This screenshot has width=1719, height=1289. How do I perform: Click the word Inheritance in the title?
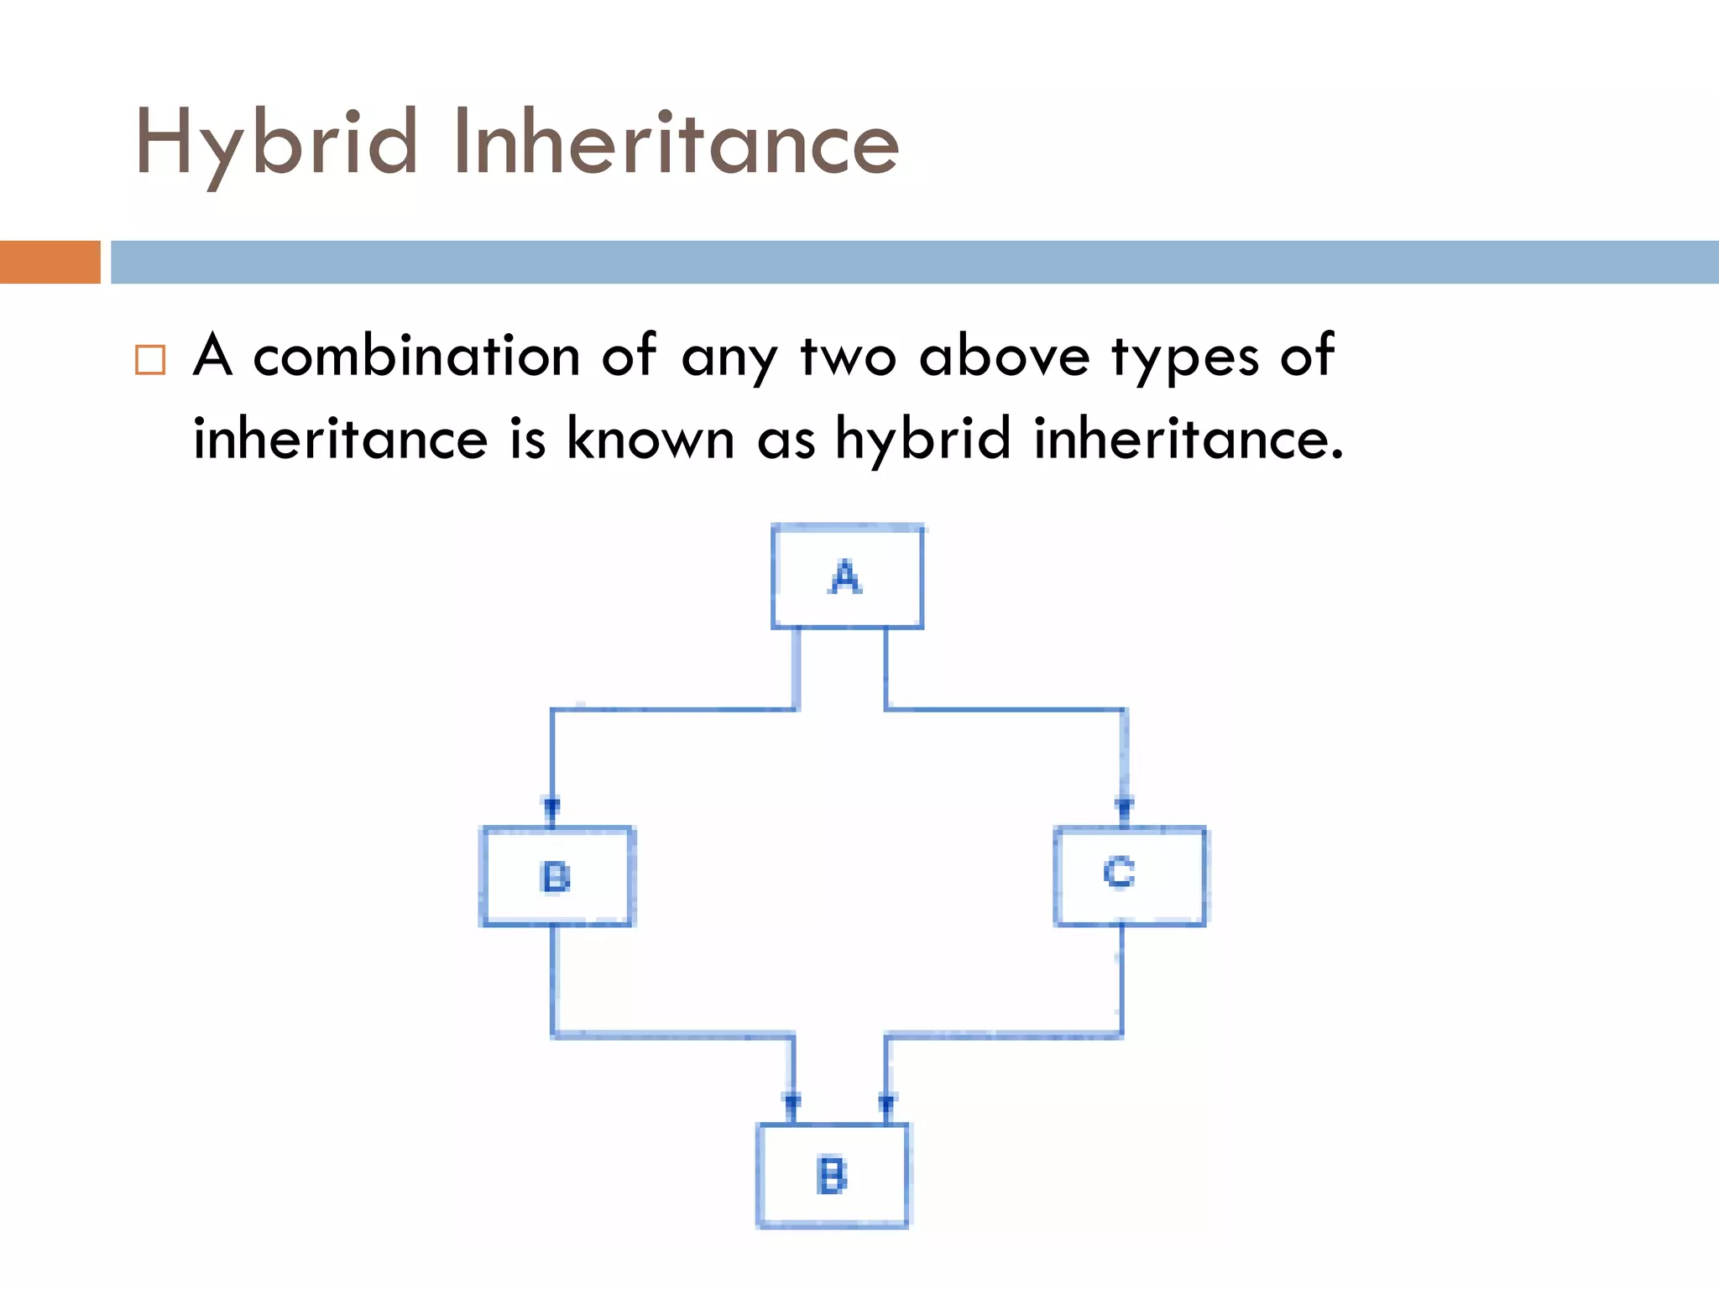click(676, 144)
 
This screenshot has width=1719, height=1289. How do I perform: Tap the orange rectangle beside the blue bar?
click(50, 262)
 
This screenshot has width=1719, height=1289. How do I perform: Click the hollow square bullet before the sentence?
click(150, 359)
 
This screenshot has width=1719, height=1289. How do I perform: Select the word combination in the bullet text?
click(416, 356)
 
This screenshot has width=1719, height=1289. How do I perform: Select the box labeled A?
click(847, 577)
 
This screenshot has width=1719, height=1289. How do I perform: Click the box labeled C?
click(1129, 875)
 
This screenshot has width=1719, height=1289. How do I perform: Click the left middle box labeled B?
click(556, 877)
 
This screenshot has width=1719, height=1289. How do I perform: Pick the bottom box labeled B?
click(832, 1176)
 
